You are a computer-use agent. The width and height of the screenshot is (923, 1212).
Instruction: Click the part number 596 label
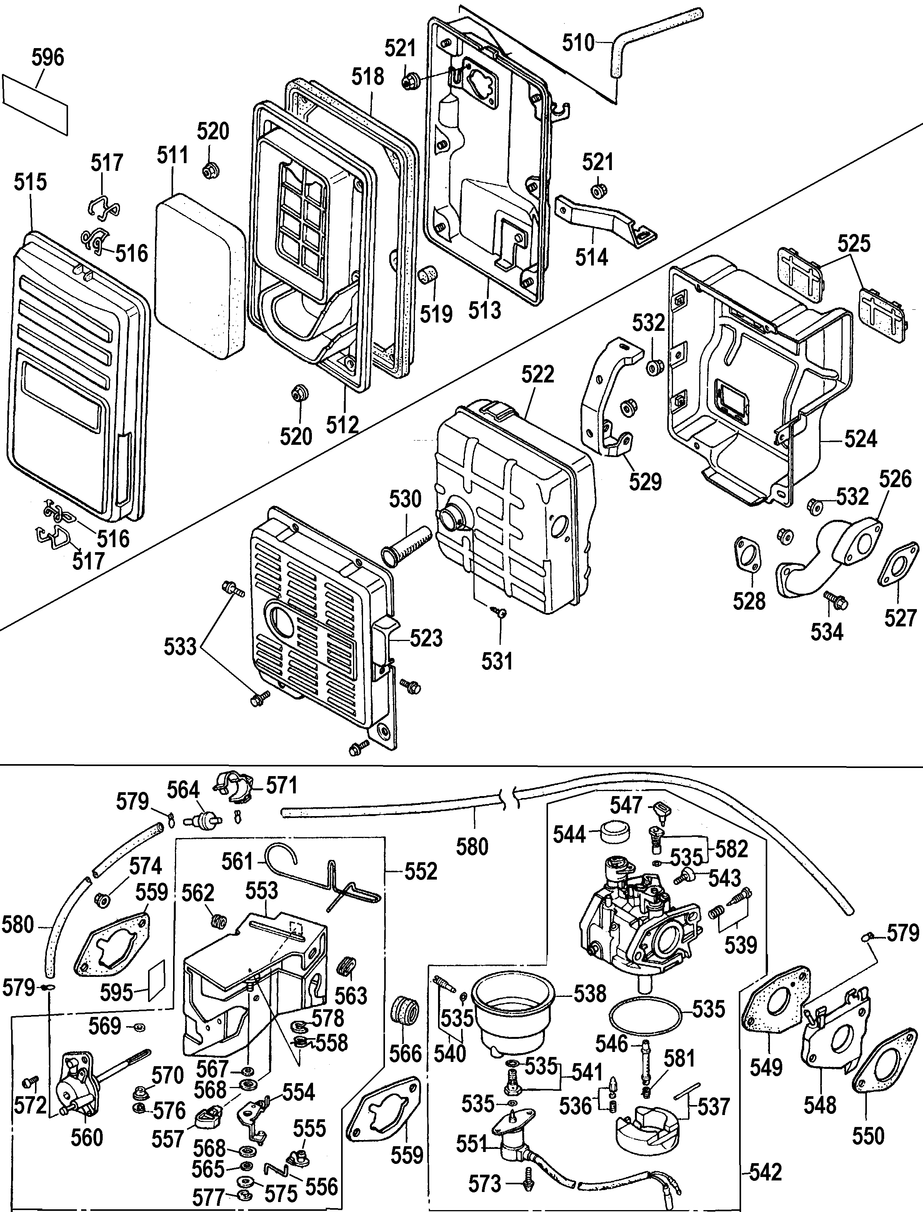47,57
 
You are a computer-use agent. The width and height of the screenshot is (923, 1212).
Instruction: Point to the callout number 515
30,182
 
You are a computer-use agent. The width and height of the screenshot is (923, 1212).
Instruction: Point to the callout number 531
497,661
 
